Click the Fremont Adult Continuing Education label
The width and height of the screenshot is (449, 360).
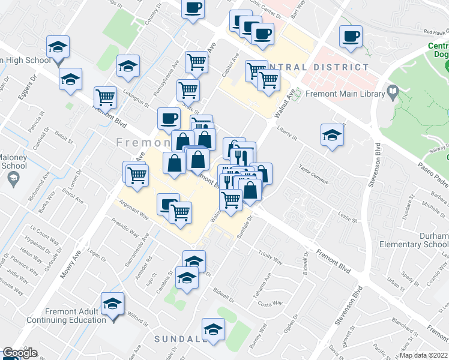pos(76,316)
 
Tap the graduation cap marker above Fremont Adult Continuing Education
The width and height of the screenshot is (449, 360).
pos(112,304)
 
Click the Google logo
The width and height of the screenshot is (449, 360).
pos(20,353)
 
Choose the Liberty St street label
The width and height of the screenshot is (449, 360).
pos(288,133)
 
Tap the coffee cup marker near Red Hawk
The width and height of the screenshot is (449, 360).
pos(350,37)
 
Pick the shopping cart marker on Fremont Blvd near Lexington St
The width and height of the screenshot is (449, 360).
pos(106,97)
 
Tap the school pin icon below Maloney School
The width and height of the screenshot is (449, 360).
pos(13,178)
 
